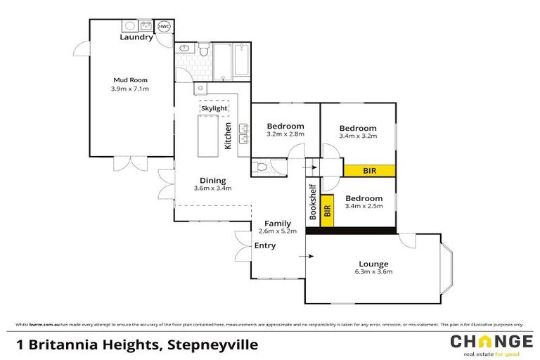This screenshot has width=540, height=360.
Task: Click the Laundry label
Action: (136, 38)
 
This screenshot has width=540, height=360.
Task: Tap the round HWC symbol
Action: (164, 27)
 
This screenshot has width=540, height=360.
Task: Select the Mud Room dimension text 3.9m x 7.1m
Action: (130, 89)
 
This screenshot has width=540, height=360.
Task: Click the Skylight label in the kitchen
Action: (214, 108)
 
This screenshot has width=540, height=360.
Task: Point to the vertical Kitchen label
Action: (228, 136)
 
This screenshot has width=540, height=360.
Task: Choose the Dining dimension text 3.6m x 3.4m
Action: (212, 188)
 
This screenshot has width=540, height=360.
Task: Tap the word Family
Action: (277, 224)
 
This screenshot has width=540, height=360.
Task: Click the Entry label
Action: (265, 245)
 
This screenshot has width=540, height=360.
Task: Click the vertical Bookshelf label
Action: (313, 202)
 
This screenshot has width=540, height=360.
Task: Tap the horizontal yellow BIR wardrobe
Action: (369, 170)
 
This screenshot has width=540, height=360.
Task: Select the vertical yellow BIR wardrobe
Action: (326, 213)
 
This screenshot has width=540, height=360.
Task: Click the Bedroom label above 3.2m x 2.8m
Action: (285, 126)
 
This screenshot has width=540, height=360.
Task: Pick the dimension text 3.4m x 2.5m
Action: (364, 207)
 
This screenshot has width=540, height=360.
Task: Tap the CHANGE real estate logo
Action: (491, 345)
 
